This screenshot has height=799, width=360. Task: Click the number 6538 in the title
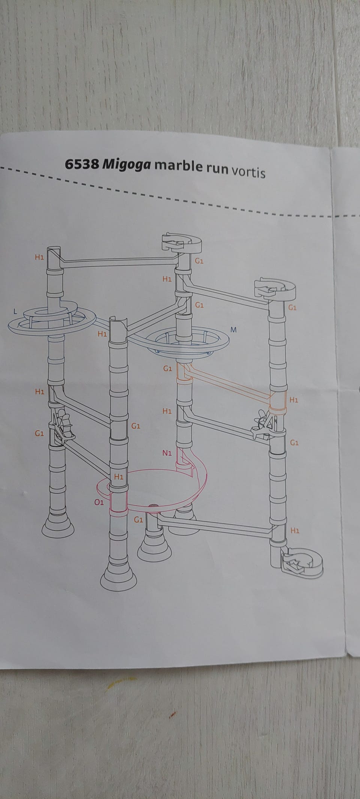pyautogui.click(x=81, y=165)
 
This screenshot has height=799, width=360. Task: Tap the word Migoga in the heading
pyautogui.click(x=127, y=166)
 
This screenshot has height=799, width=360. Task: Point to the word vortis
pyautogui.click(x=249, y=172)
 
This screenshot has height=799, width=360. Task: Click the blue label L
pyautogui.click(x=15, y=311)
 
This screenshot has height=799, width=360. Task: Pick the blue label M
pyautogui.click(x=234, y=330)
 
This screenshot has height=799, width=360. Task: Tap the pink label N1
pyautogui.click(x=167, y=453)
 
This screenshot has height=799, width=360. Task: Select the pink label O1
pyautogui.click(x=99, y=502)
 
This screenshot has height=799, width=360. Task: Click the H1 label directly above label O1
pyautogui.click(x=119, y=477)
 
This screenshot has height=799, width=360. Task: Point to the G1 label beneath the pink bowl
pyautogui.click(x=139, y=520)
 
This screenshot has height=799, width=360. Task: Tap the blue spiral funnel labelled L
pyautogui.click(x=51, y=317)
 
